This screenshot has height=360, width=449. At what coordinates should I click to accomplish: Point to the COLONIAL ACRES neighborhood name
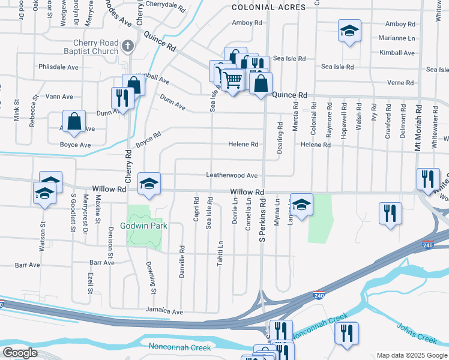268,7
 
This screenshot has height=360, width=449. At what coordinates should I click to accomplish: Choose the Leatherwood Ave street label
232,176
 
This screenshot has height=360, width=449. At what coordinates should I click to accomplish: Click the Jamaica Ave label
164,312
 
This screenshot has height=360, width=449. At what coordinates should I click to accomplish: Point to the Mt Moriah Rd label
418,129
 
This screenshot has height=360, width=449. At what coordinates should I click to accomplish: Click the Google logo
19,353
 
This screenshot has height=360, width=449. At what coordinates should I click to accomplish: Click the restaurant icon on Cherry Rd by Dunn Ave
122,97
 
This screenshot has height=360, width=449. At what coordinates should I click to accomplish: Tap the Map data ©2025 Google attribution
411,355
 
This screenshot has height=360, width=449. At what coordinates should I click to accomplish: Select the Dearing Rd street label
280,137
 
